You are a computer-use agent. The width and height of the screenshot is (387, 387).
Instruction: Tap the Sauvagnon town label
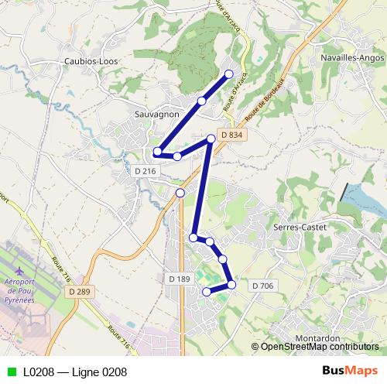click(157, 114)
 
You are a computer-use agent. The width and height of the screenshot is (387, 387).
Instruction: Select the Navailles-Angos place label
click(351, 57)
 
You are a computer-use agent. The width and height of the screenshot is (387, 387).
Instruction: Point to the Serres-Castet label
click(300, 227)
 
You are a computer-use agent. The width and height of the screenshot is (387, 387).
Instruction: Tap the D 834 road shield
click(231, 135)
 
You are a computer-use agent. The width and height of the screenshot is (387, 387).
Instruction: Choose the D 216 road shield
click(145, 170)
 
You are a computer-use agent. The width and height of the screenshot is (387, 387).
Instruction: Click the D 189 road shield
click(178, 278)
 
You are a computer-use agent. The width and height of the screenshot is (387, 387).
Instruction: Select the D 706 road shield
click(262, 286)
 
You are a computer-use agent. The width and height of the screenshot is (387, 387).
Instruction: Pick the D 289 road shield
click(80, 292)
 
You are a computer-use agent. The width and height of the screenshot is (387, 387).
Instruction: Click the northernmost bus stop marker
click(228, 74)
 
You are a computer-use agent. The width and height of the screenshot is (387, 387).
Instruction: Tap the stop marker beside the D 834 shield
click(211, 139)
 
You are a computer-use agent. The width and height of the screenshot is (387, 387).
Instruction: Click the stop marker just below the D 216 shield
click(180, 193)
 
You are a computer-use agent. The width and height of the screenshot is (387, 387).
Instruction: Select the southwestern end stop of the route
click(207, 292)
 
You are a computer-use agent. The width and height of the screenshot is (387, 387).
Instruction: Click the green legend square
click(9, 372)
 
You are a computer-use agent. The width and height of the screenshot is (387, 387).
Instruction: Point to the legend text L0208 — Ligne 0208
click(75, 372)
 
